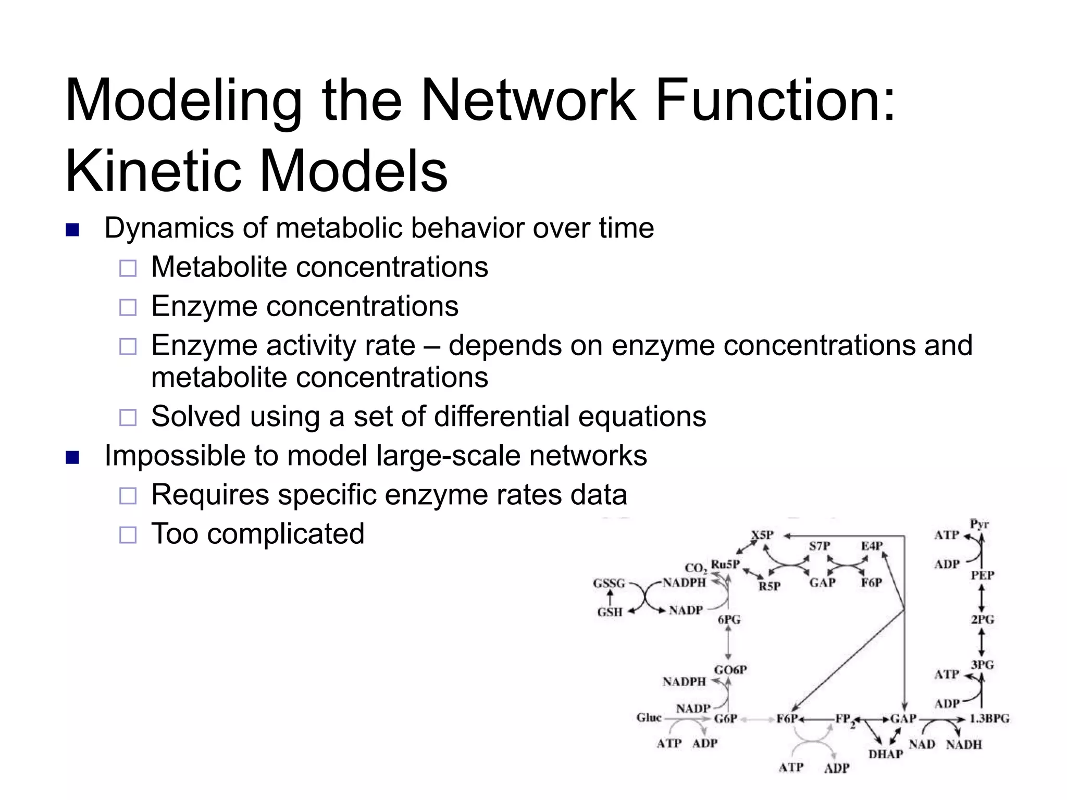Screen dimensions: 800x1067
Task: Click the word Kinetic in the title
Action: click(x=151, y=171)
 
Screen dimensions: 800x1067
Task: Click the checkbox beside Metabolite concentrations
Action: click(x=128, y=268)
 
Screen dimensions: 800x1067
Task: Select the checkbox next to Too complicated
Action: click(x=128, y=535)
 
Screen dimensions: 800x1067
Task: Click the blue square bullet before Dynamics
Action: click(x=72, y=230)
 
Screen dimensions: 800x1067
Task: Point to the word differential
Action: click(x=501, y=417)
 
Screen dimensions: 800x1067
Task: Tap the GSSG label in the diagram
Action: click(x=609, y=583)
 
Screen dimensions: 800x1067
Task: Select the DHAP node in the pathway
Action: click(x=885, y=754)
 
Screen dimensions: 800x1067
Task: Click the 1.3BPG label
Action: click(x=989, y=719)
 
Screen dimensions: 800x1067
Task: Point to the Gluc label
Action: click(x=649, y=718)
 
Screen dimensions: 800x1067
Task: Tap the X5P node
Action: click(x=762, y=535)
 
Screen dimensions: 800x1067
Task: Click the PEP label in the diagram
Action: click(x=982, y=576)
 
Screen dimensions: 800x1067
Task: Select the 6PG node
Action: click(x=729, y=620)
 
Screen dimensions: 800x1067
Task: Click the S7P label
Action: click(x=819, y=546)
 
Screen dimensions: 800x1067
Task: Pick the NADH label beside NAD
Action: click(x=963, y=745)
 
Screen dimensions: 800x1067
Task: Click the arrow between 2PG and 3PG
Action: click(x=982, y=642)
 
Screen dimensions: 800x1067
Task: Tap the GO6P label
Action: click(x=730, y=670)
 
